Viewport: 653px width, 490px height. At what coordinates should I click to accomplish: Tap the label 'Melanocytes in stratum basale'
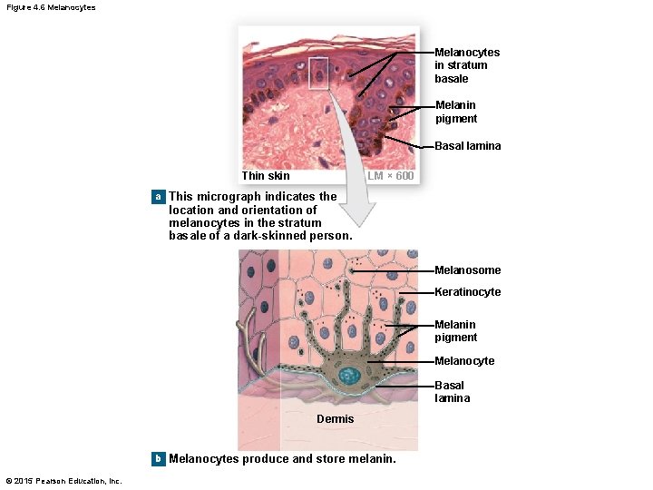click(x=466, y=65)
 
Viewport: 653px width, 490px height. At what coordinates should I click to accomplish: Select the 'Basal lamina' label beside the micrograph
click(x=467, y=146)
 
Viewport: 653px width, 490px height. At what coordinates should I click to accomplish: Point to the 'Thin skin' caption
click(x=266, y=176)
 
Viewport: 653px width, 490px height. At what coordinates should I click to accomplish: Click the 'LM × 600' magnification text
click(x=391, y=176)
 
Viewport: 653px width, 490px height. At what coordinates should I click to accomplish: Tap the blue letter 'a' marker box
click(x=158, y=196)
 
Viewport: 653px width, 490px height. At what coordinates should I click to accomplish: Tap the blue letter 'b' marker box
click(x=158, y=458)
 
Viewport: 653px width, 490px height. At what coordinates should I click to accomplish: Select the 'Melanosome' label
click(x=467, y=270)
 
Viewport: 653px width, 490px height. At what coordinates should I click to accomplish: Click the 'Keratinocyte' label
click(x=467, y=292)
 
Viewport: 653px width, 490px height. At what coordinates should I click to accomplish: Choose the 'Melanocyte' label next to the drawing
click(x=464, y=361)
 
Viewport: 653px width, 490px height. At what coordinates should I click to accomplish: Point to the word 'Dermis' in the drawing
click(x=335, y=419)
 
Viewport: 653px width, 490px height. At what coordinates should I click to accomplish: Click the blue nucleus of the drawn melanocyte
click(x=349, y=375)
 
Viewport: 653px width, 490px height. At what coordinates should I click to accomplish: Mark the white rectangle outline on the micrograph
click(x=318, y=73)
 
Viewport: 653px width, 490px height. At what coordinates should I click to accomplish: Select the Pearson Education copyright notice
click(x=63, y=481)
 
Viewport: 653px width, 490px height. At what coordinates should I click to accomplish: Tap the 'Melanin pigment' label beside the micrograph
click(x=455, y=113)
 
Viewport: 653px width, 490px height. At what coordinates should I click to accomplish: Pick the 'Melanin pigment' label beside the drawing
click(x=455, y=331)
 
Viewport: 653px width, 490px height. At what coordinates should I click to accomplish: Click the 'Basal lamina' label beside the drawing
click(x=452, y=392)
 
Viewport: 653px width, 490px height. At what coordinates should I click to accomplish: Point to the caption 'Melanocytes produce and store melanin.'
click(x=282, y=459)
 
